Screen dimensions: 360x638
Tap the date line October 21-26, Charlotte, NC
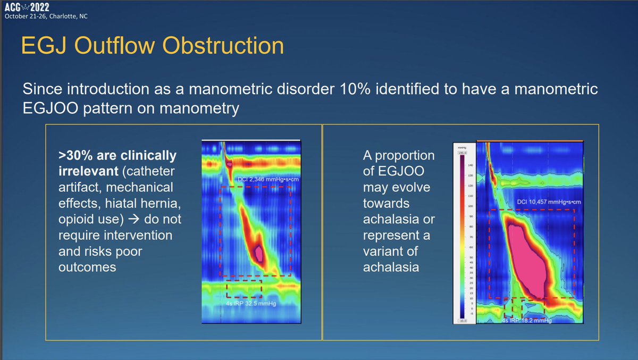coord(46,16)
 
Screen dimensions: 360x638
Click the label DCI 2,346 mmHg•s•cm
coord(258,179)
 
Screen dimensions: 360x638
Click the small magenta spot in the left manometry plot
coord(259,253)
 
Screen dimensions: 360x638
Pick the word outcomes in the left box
coord(87,266)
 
